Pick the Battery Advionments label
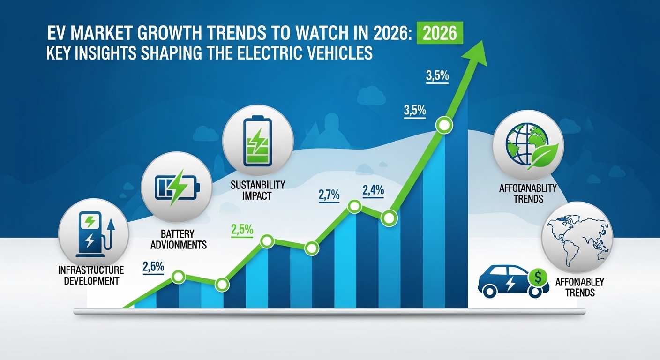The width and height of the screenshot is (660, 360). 180,239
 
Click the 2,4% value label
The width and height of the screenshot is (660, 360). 373,191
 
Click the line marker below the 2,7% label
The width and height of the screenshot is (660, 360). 354,206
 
